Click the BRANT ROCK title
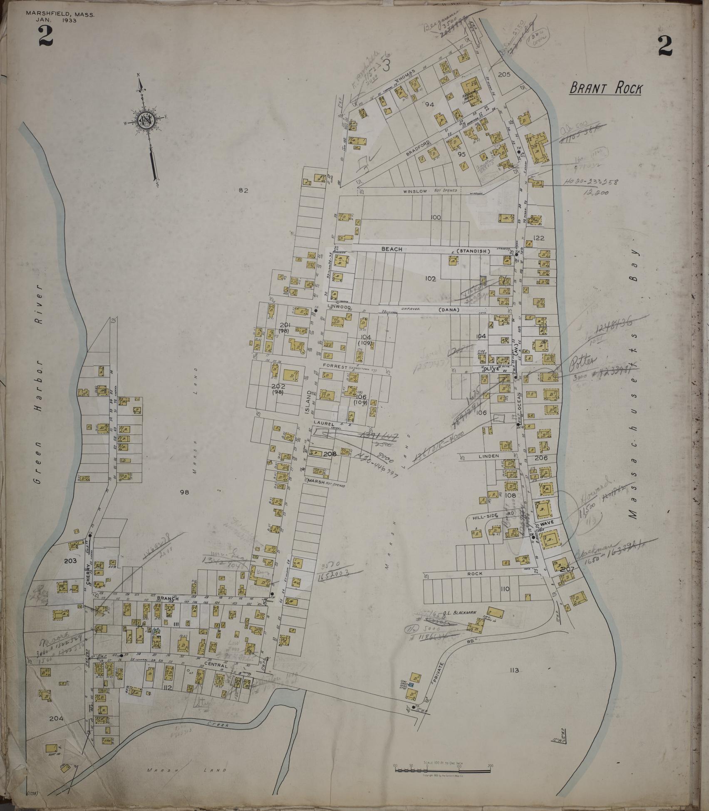[605, 88]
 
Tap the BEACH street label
[392, 249]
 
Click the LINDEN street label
[488, 456]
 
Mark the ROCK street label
[475, 573]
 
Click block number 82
[243, 191]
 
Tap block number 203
[70, 561]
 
